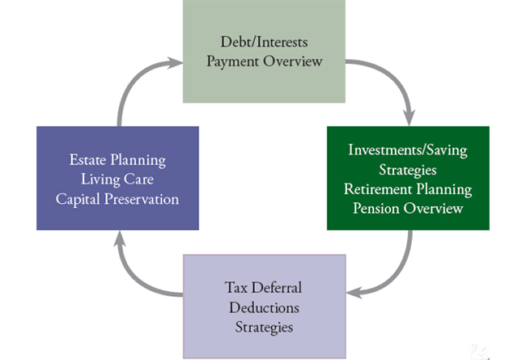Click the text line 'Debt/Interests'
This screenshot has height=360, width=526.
tap(263, 42)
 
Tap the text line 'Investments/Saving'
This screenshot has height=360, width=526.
tap(408, 150)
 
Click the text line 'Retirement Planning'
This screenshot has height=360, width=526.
tap(408, 189)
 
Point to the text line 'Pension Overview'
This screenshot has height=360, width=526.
tap(408, 209)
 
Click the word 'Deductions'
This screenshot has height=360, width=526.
tap(263, 308)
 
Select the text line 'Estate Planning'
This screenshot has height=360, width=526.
tap(117, 159)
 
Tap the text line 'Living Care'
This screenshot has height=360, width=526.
tap(117, 178)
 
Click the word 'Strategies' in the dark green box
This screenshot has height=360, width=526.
tap(408, 170)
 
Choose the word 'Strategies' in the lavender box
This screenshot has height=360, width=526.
tap(263, 328)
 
